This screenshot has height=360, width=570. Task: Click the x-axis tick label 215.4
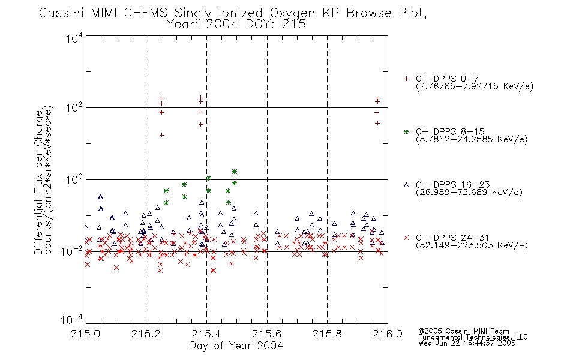click(x=206, y=334)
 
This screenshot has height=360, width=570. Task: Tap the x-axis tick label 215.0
click(x=86, y=334)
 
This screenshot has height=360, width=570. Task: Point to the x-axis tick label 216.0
click(x=388, y=334)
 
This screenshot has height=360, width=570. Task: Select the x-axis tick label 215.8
click(x=327, y=334)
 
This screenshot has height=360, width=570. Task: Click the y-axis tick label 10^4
click(x=74, y=38)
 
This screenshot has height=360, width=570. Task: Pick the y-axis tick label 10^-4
click(x=72, y=319)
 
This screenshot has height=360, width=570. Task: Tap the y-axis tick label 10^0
click(x=74, y=179)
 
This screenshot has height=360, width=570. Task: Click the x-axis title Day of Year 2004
click(x=236, y=346)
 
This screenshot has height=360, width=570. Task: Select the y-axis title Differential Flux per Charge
click(x=38, y=182)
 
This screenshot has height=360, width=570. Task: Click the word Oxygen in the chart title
click(x=292, y=13)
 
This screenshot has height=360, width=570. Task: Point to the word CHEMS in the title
click(x=145, y=13)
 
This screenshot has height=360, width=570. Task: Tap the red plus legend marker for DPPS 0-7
click(x=406, y=79)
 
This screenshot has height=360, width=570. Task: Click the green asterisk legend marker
click(x=406, y=131)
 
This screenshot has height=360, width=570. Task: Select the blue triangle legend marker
click(x=406, y=185)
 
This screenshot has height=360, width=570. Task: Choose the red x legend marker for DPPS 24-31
click(x=406, y=238)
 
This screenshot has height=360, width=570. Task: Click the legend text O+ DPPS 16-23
click(x=453, y=184)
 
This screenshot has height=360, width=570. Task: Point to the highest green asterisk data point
click(x=235, y=171)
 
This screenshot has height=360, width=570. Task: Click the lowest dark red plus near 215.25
click(x=162, y=135)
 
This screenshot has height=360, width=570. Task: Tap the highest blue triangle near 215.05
click(x=101, y=197)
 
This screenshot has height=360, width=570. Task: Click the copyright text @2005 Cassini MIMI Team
click(x=463, y=331)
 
